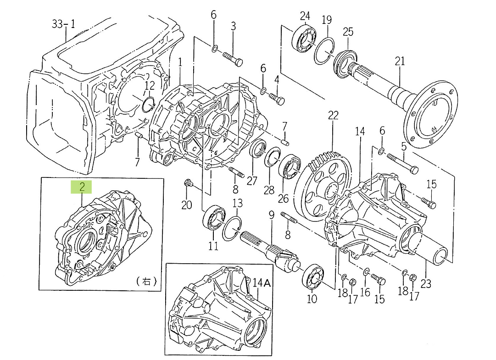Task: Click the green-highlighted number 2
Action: (82, 187)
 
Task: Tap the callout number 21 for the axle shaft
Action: (400, 61)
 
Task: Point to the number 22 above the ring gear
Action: (333, 116)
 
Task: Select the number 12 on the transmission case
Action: (150, 85)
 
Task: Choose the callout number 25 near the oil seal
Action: (348, 32)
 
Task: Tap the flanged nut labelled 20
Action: (187, 184)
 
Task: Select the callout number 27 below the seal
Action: (252, 180)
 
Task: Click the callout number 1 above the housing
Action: (180, 61)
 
